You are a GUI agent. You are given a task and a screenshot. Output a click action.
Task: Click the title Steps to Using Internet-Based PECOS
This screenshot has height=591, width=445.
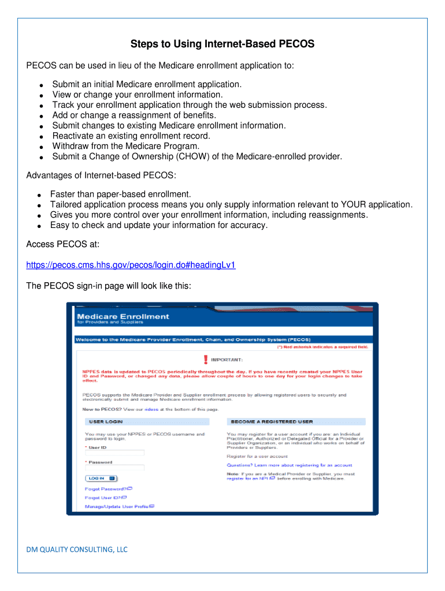pyautogui.click(x=222, y=44)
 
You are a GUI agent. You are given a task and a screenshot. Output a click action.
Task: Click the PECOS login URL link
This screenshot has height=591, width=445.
pyautogui.click(x=131, y=265)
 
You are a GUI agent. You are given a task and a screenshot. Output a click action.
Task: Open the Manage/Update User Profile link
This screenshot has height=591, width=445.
pyautogui.click(x=117, y=507)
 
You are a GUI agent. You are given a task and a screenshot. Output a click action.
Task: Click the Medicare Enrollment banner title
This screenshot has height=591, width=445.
pyautogui.click(x=123, y=316)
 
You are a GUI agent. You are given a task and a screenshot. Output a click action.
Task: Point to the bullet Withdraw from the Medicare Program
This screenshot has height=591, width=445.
pyautogui.click(x=125, y=146)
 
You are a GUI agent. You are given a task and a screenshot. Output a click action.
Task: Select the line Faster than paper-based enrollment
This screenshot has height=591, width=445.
pyautogui.click(x=120, y=194)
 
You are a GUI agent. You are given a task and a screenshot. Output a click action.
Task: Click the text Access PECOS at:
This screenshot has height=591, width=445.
pyautogui.click(x=63, y=244)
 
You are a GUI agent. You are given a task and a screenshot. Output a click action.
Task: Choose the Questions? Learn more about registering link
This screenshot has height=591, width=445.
pyautogui.click(x=289, y=465)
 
